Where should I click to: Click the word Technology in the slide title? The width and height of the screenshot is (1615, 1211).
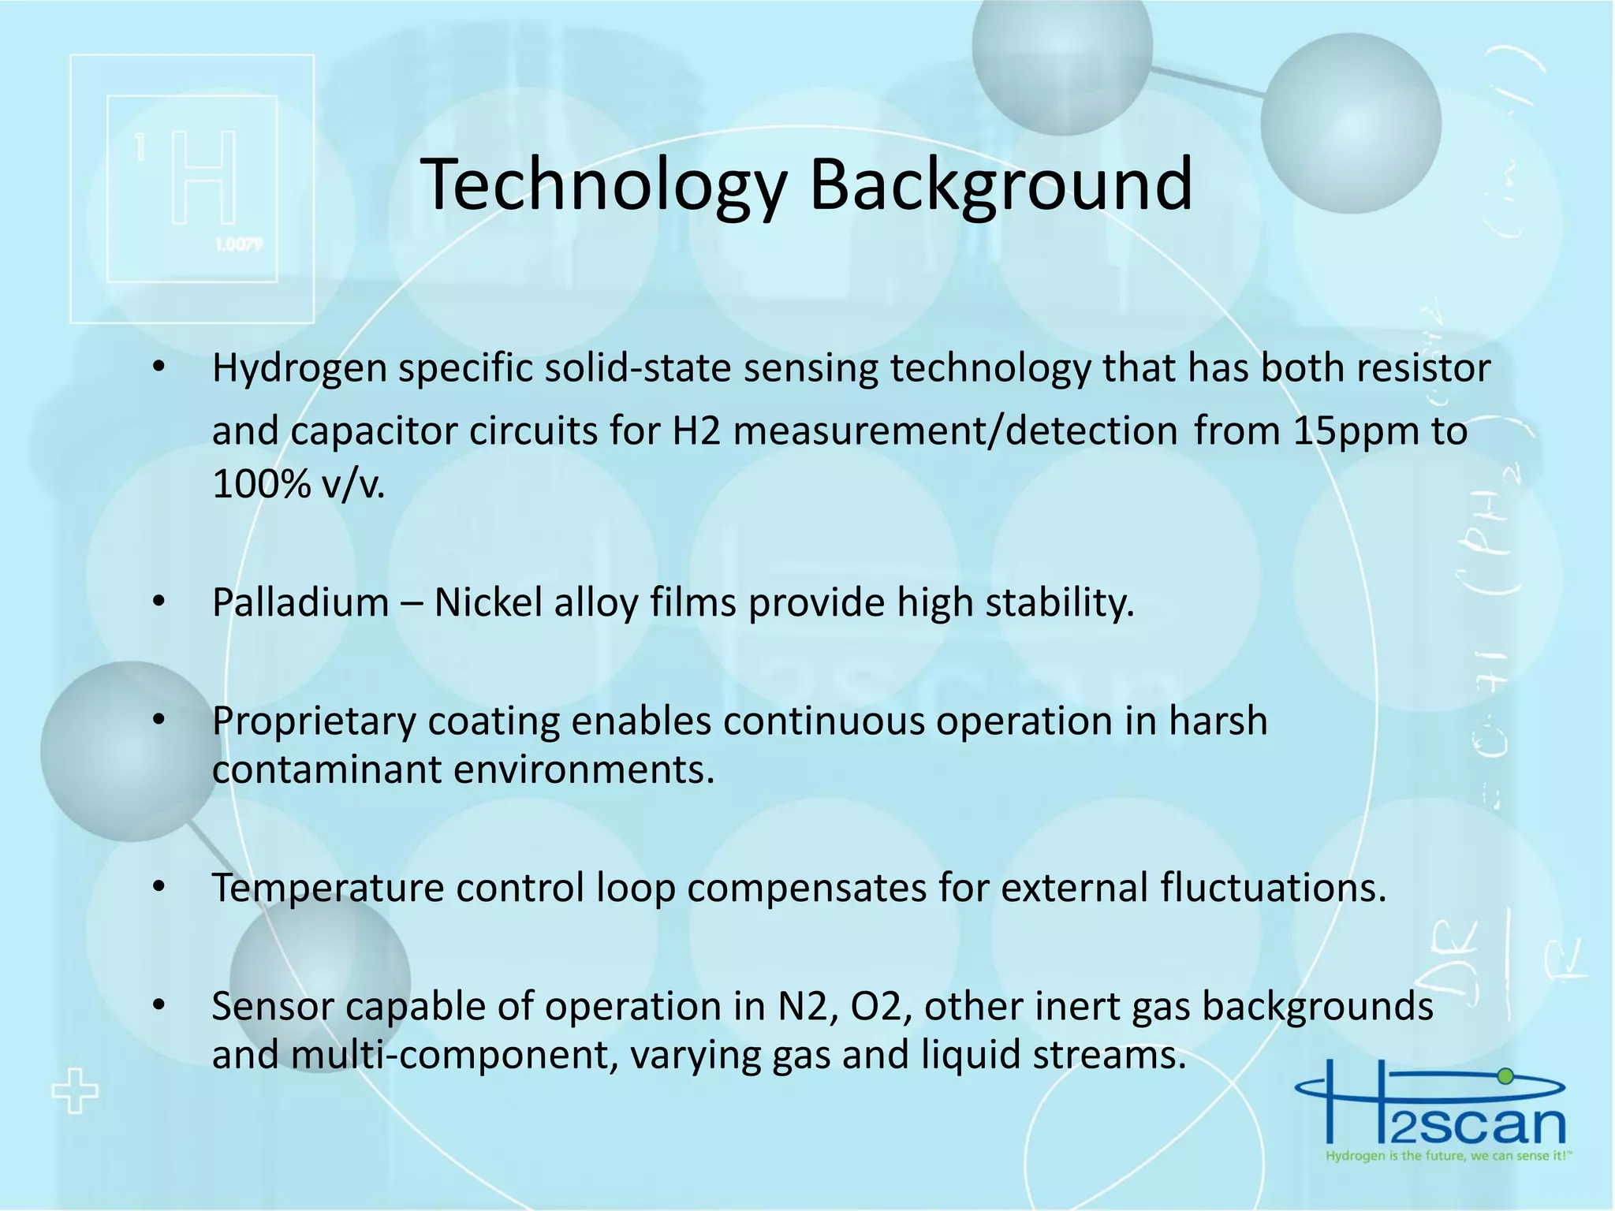604,186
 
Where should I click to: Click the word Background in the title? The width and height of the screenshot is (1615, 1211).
1001,186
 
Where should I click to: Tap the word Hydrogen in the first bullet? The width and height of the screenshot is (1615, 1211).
299,369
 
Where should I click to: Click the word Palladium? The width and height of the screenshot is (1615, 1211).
300,603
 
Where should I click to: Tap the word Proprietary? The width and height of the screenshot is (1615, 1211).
313,722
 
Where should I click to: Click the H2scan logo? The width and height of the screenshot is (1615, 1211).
1431,1112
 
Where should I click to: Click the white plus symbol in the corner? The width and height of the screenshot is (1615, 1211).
75,1091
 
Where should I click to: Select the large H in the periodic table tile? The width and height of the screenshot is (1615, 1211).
203,178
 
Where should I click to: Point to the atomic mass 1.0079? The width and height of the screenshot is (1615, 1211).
238,245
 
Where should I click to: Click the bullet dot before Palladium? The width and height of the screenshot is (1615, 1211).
159,603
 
